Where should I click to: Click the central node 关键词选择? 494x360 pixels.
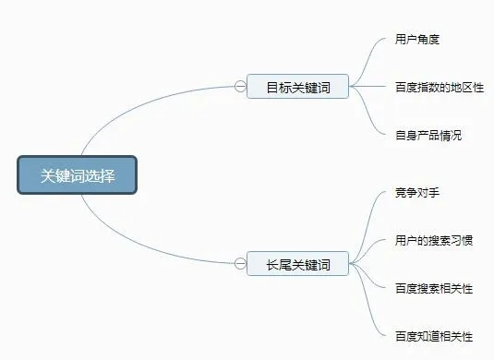click(77, 175)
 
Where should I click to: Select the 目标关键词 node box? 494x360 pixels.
click(297, 88)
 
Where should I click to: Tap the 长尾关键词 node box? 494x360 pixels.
click(297, 265)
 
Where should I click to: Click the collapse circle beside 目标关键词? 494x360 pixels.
click(240, 88)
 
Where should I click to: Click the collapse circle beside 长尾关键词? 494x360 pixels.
click(240, 265)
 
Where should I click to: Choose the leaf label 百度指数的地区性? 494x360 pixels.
click(440, 88)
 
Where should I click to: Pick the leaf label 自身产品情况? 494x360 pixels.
click(428, 136)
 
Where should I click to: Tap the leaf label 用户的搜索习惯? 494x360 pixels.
click(434, 241)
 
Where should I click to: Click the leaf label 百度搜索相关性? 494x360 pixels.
click(434, 289)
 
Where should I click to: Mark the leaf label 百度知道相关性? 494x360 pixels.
click(434, 336)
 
